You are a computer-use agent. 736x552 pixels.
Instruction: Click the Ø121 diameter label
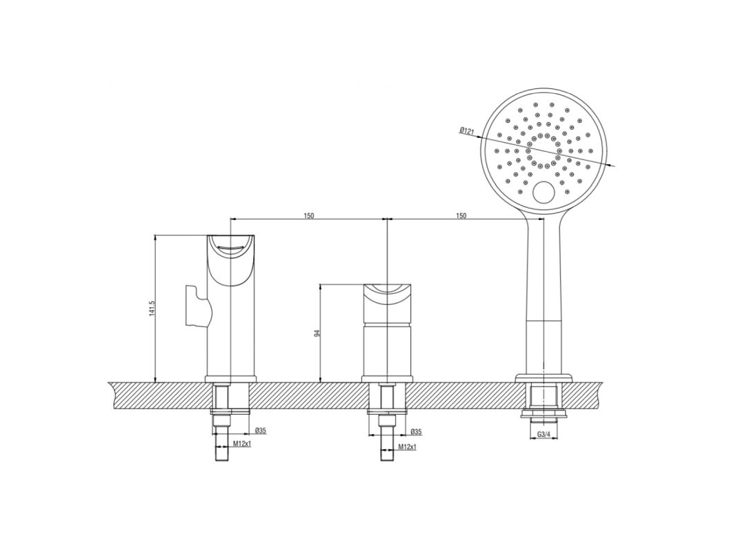pyautogui.click(x=468, y=131)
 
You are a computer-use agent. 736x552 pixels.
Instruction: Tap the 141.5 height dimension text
pyautogui.click(x=152, y=309)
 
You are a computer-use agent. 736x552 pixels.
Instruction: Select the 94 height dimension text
pyautogui.click(x=317, y=333)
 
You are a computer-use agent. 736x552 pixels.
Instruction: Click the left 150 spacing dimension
pyautogui.click(x=308, y=216)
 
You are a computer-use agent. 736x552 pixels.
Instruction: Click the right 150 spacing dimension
pyautogui.click(x=461, y=216)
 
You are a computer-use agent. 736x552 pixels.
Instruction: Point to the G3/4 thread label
pyautogui.click(x=544, y=435)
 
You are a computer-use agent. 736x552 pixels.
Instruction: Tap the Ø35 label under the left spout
pyautogui.click(x=261, y=431)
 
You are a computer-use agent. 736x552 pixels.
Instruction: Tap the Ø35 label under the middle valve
pyautogui.click(x=416, y=431)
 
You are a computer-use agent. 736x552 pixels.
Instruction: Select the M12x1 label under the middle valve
pyautogui.click(x=408, y=447)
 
